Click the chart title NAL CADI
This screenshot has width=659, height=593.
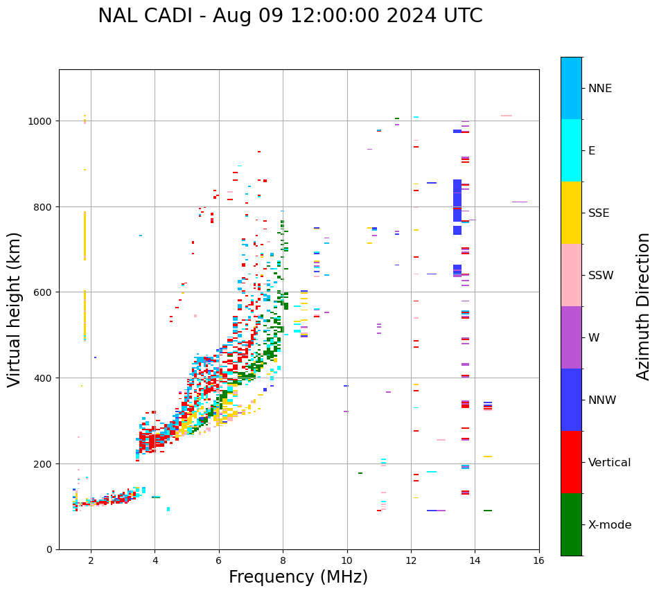pyautogui.click(x=290, y=16)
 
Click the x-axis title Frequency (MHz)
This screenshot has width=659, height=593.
pyautogui.click(x=298, y=577)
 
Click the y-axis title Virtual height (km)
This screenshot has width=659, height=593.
pyautogui.click(x=15, y=309)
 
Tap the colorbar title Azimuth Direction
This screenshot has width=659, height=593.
pyautogui.click(x=643, y=306)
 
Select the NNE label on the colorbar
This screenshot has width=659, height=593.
pyautogui.click(x=600, y=89)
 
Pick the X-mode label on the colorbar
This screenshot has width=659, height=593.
pyautogui.click(x=610, y=525)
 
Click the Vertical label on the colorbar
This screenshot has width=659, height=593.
pyautogui.click(x=610, y=463)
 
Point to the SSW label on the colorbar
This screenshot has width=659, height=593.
pyautogui.click(x=601, y=276)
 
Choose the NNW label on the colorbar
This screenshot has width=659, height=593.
pyautogui.click(x=602, y=400)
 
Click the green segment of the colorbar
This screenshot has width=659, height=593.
pyautogui.click(x=571, y=524)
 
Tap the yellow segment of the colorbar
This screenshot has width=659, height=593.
pyautogui.click(x=571, y=213)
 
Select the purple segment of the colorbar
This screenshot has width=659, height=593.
pyautogui.click(x=571, y=337)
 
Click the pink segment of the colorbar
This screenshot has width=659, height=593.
pyautogui.click(x=571, y=275)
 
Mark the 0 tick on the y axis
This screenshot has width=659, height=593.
pyautogui.click(x=49, y=549)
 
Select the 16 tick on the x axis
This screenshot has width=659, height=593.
pyautogui.click(x=538, y=561)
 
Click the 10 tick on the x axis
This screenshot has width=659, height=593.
pyautogui.click(x=346, y=561)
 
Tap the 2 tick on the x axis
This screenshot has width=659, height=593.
pyautogui.click(x=91, y=561)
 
